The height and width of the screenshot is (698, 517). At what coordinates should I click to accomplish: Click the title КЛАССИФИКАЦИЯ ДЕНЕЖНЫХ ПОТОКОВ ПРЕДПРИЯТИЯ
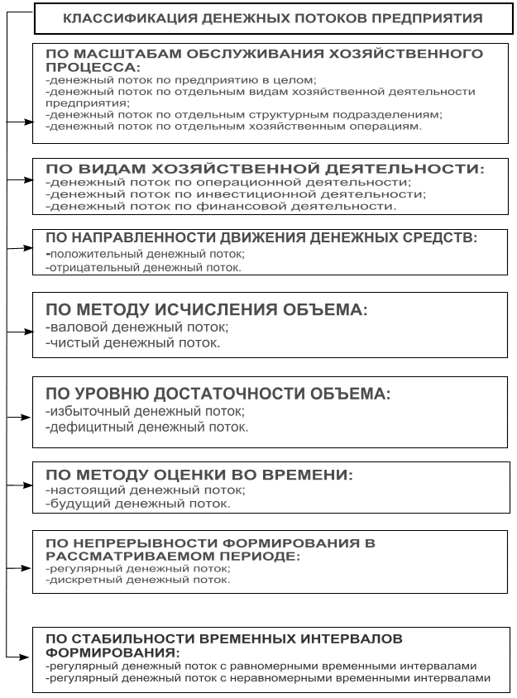pos(273,17)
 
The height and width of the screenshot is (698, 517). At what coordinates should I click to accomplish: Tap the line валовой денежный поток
pos(136,327)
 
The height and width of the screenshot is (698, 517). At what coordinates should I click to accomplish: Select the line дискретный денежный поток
pos(137,580)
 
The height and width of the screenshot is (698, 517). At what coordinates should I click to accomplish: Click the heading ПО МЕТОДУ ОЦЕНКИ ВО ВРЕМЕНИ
pos(199,476)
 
